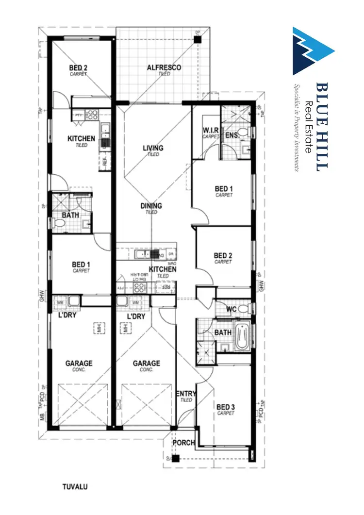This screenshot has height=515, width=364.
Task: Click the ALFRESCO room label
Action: click(x=164, y=67)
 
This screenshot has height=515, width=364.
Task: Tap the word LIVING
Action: click(x=152, y=148)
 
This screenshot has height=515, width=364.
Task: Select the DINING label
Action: click(x=151, y=206)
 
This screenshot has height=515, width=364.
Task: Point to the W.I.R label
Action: click(x=211, y=130)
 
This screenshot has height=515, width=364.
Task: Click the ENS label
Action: click(x=231, y=134)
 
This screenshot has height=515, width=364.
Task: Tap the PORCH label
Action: click(x=185, y=443)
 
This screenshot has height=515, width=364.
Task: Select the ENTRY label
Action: click(x=186, y=394)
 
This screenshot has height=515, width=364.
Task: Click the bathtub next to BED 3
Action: click(x=241, y=336)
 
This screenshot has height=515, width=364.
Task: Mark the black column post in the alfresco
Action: click(x=197, y=39)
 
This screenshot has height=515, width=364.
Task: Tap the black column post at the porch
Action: click(x=176, y=458)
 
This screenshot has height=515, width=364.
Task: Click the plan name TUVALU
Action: click(x=75, y=485)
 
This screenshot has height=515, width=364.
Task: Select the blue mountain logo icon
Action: click(x=313, y=50)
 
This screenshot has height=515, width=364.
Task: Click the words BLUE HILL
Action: click(x=322, y=126)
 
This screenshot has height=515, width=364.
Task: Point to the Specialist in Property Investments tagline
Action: click(x=297, y=128)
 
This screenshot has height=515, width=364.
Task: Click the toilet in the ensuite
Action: click(x=248, y=132)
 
